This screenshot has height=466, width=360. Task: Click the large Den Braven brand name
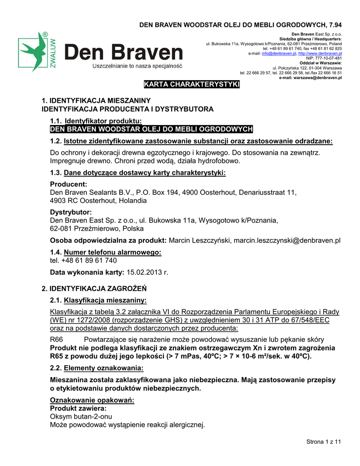click(123, 53)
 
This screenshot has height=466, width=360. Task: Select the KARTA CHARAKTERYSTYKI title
click(192, 85)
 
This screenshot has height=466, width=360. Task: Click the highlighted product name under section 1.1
click(151, 129)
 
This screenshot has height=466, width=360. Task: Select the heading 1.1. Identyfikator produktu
click(96, 121)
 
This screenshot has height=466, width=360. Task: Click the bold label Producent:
click(68, 184)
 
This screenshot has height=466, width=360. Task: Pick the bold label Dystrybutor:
click(71, 212)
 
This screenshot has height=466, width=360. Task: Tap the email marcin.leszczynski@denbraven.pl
click(287, 240)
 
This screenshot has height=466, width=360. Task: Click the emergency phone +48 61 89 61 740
click(83, 260)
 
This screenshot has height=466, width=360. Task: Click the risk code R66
click(56, 339)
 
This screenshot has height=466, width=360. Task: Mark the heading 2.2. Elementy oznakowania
click(96, 367)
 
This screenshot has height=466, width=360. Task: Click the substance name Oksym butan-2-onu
click(81, 416)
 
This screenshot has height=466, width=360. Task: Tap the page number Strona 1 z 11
click(323, 441)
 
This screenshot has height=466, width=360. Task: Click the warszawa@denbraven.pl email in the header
click(320, 77)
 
